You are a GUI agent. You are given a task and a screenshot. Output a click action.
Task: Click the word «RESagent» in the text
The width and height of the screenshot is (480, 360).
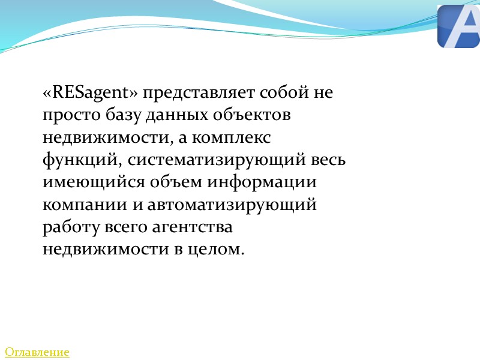(91, 93)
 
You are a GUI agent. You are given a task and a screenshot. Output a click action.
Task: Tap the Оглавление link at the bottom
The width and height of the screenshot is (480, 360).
(37, 352)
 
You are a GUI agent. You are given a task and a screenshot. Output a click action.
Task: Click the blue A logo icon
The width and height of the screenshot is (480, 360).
(459, 26)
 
